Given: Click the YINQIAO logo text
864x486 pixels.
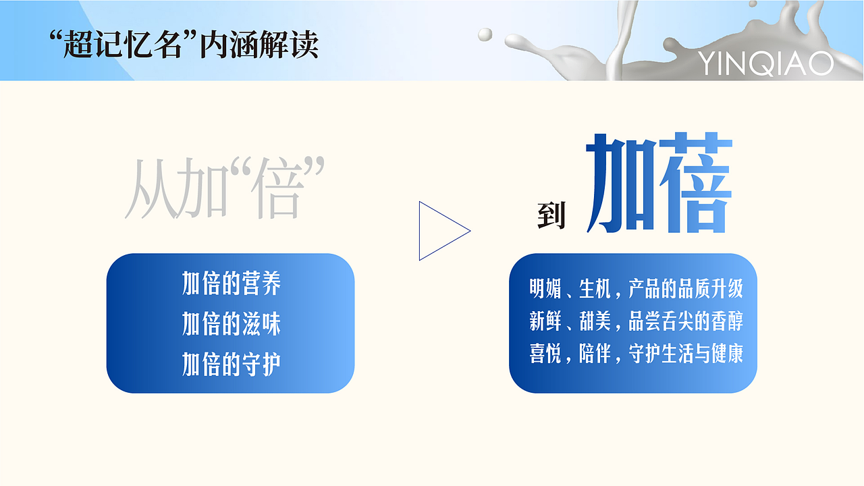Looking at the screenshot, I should coord(765,63).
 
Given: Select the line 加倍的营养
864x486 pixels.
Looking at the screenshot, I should coord(231,284).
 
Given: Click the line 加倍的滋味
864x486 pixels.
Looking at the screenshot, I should coord(231,325).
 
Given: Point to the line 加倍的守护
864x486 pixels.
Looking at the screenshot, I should coord(231,365).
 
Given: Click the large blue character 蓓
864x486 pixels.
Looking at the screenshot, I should coord(695,184).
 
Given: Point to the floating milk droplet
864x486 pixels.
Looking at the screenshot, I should coord(485,34).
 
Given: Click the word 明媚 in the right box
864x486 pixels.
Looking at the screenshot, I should coord(545,290).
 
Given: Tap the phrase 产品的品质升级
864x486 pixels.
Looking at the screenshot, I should coord(685,290).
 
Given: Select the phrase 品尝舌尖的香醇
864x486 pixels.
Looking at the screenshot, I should coord(685,322).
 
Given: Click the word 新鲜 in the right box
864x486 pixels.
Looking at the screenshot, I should coord(545,322).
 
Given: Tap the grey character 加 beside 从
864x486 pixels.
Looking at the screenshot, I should coord(197,189).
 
